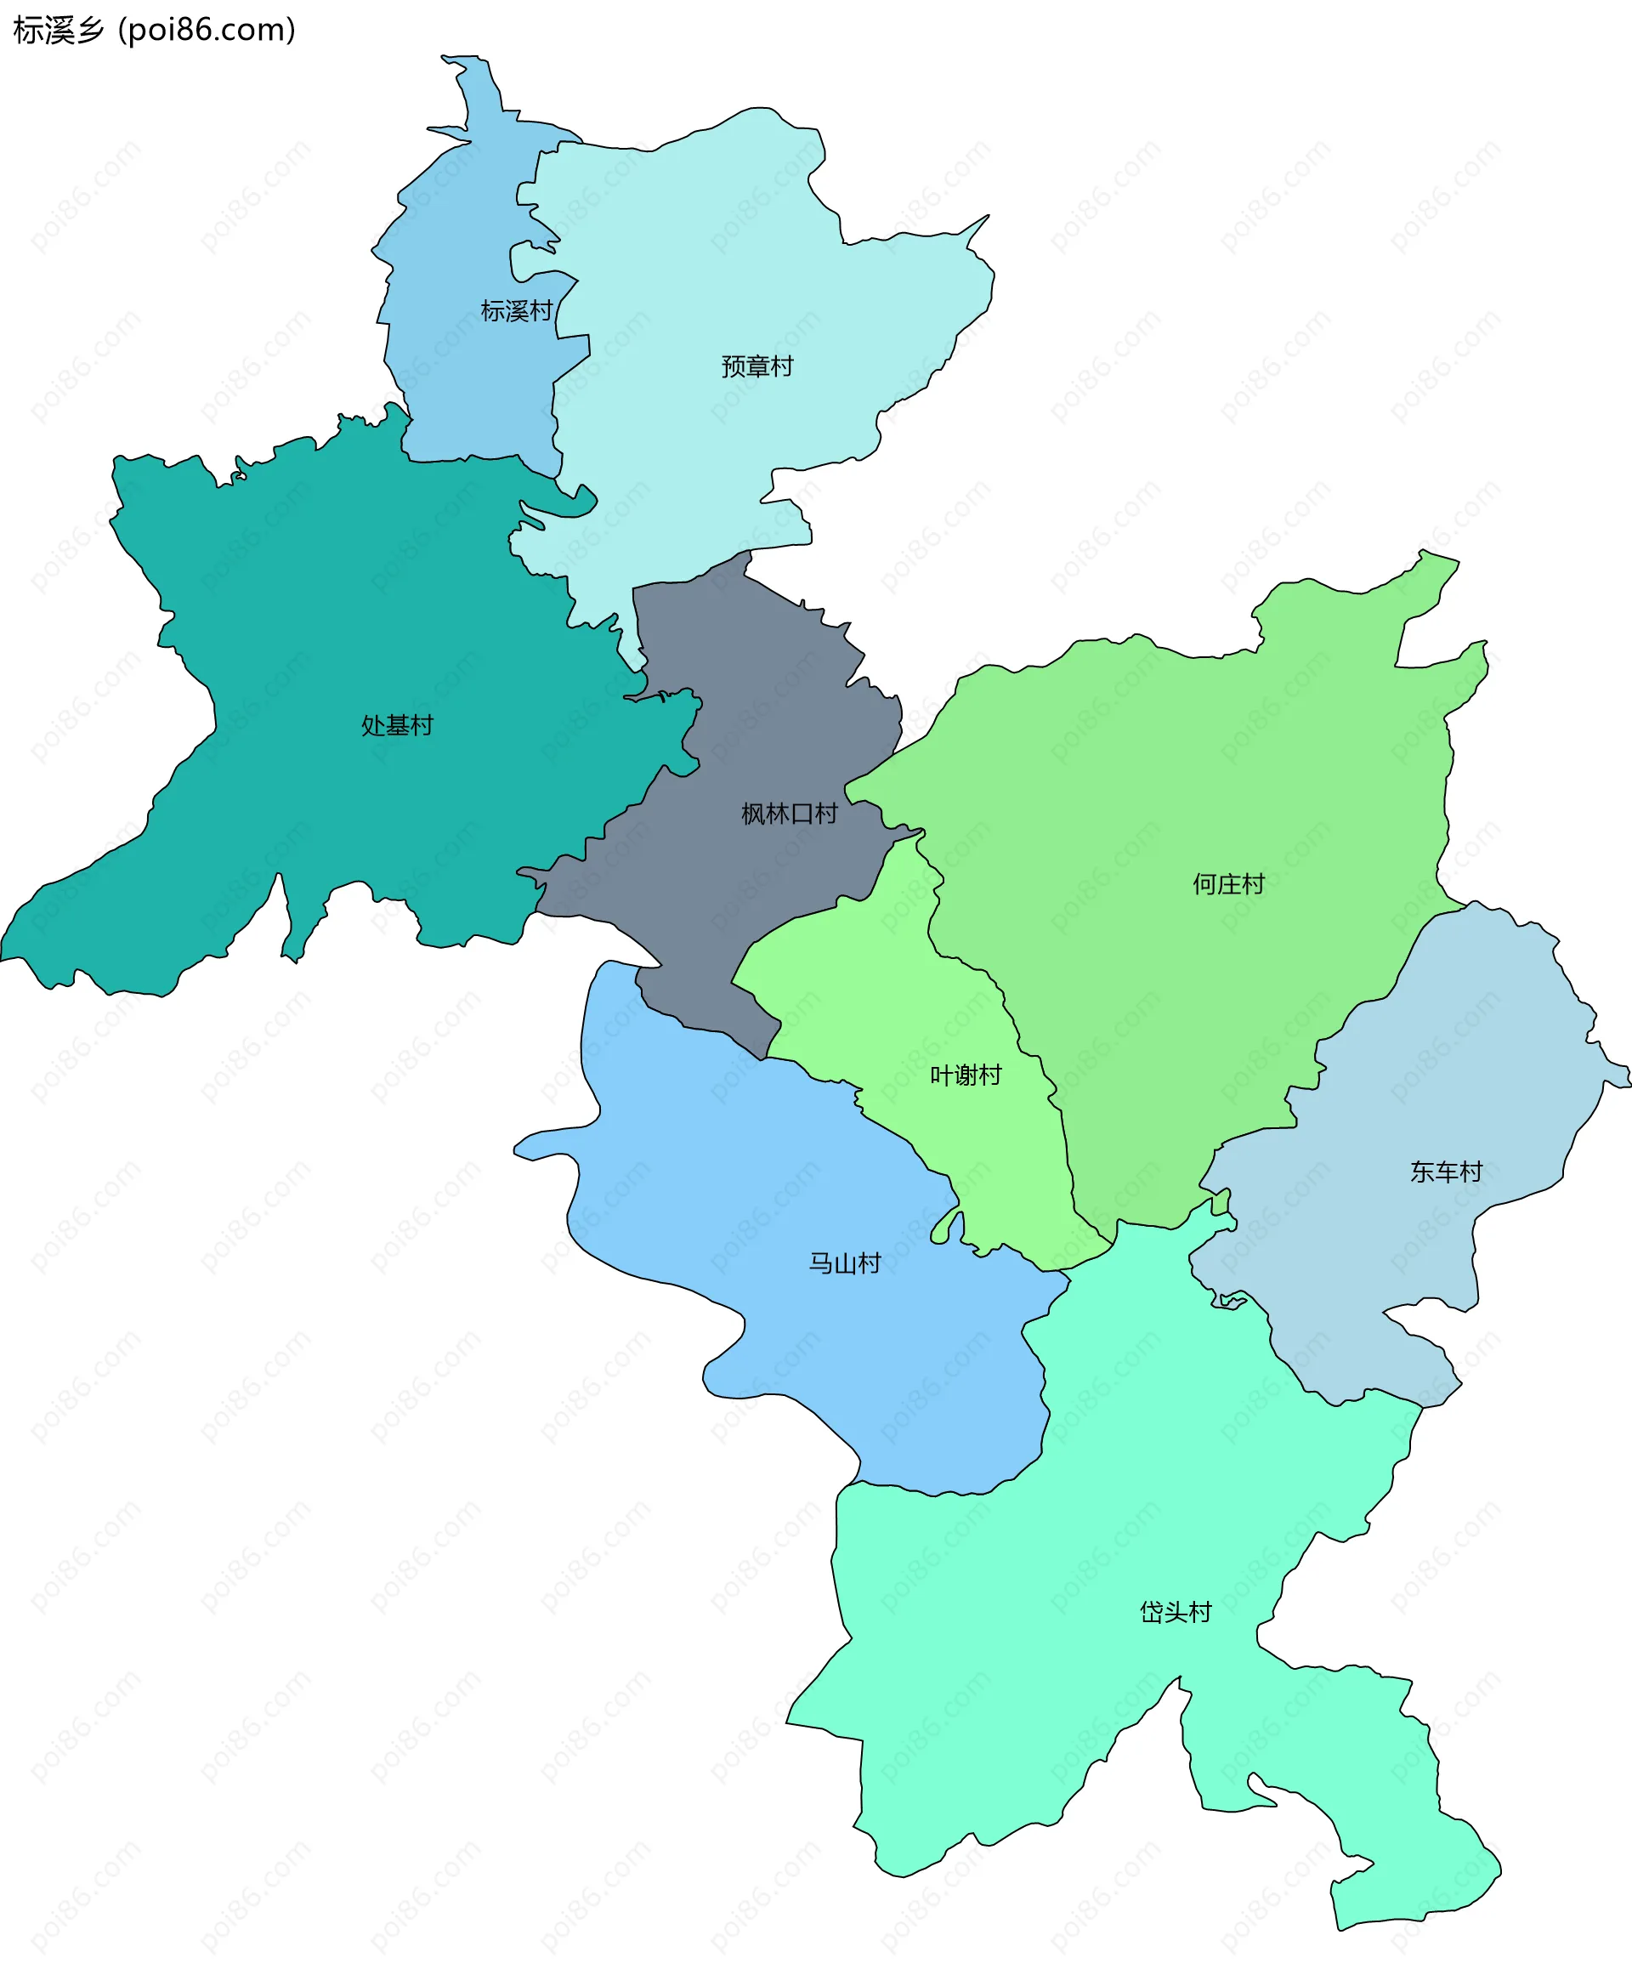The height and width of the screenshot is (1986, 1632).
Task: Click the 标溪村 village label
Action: point(516,311)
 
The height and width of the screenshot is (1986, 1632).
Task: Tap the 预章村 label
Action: point(756,366)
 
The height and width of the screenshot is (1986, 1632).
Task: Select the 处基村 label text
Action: point(397,726)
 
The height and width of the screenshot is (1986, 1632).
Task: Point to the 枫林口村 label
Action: point(789,814)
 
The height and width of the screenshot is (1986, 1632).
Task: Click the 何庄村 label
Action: point(1227,885)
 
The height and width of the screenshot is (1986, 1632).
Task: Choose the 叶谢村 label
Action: point(966,1075)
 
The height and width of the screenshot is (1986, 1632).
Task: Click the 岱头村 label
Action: point(1175,1613)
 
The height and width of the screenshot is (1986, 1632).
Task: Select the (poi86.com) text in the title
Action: point(207,31)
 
